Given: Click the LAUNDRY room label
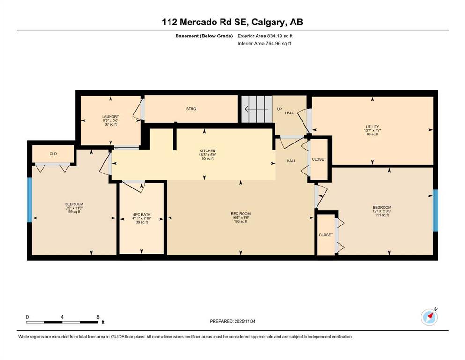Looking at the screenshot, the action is click(x=111, y=117).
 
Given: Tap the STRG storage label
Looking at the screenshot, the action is click(x=191, y=109).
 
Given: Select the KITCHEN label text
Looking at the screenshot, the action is click(x=207, y=151).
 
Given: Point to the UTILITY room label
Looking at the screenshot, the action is click(x=372, y=127).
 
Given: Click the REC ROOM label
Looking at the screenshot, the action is click(x=241, y=214).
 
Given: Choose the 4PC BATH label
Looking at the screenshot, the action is click(x=141, y=215).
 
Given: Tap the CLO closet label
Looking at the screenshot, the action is click(x=53, y=154).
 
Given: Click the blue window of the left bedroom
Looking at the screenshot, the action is click(x=30, y=199).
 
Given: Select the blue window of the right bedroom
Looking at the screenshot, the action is click(x=435, y=210).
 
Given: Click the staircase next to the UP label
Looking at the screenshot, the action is click(x=257, y=109).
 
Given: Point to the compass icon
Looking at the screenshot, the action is click(x=429, y=317).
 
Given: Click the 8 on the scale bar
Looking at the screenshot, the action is click(x=98, y=317).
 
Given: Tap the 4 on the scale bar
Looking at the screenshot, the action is click(x=62, y=317).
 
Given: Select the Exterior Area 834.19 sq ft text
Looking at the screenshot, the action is click(x=265, y=36).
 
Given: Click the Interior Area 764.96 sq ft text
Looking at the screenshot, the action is click(x=264, y=43).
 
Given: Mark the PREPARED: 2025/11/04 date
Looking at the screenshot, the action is click(x=232, y=321).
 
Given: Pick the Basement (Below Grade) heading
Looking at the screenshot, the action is click(x=204, y=36).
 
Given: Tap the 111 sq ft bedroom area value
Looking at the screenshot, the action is click(x=382, y=215).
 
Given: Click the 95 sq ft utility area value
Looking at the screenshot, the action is click(x=372, y=134).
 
